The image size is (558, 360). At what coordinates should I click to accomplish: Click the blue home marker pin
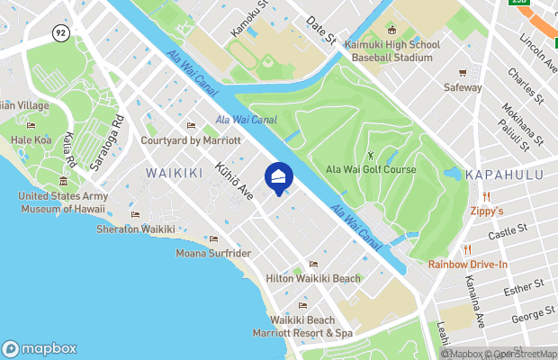tap(279, 177)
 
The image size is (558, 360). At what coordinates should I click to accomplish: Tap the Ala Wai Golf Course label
tap(371, 169)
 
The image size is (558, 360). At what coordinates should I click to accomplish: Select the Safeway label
tap(463, 88)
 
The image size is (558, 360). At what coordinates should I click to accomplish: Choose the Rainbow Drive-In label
tap(467, 264)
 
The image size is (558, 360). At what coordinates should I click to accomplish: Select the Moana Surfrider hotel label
tap(213, 253)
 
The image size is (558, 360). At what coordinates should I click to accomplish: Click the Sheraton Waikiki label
tap(135, 229)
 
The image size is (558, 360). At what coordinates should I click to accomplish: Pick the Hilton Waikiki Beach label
tap(312, 278)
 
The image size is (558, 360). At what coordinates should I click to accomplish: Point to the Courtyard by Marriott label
tap(191, 140)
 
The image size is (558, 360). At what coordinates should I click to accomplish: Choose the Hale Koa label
tap(31, 140)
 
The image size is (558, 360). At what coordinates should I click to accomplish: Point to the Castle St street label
tap(507, 233)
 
